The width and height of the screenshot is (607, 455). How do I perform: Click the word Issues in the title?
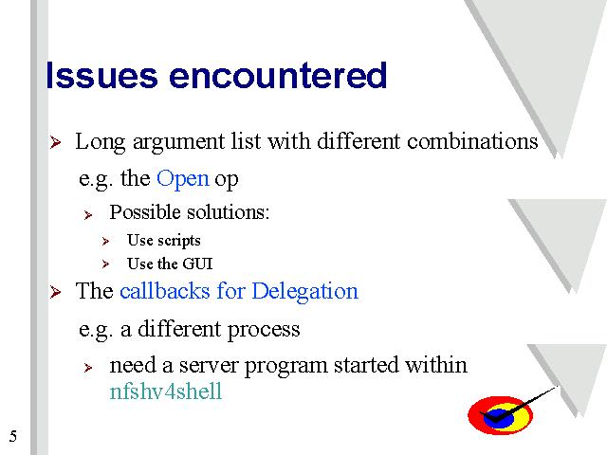click(101, 76)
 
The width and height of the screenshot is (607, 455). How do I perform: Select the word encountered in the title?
click(278, 76)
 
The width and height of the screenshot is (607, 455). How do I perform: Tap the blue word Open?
click(183, 179)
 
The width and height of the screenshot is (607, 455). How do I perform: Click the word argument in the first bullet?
click(178, 142)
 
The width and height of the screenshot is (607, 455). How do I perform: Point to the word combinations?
click(472, 141)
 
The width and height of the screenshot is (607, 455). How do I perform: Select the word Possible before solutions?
click(145, 212)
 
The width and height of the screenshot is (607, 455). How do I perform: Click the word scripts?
click(179, 241)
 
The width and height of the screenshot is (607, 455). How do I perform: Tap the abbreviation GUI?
click(197, 264)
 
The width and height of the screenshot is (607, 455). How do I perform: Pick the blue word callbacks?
click(165, 291)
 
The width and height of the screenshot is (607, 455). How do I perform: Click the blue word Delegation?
click(305, 292)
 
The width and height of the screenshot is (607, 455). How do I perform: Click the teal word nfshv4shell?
click(166, 391)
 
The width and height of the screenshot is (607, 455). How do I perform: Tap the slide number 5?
click(13, 436)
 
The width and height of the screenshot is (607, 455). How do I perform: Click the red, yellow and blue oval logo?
click(500, 415)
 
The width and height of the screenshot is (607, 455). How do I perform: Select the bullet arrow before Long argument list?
click(55, 142)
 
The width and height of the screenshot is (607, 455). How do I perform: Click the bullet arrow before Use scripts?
click(105, 242)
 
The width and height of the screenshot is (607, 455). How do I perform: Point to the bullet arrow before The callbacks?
click(55, 292)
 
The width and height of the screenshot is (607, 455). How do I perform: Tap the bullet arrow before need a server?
click(88, 368)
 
